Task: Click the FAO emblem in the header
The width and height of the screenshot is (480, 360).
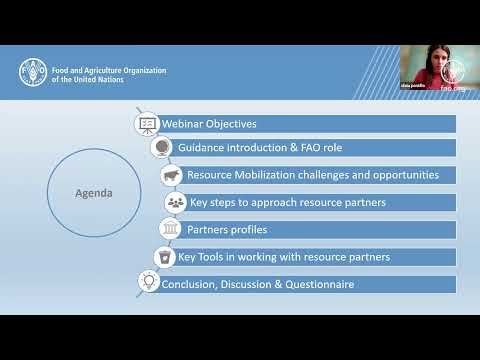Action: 31,73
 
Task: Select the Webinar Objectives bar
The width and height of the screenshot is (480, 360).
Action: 300,124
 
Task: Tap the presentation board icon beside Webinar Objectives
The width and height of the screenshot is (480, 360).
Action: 146,125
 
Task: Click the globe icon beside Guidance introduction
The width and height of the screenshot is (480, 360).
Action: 161,148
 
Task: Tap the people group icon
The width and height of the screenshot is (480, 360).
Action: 175,202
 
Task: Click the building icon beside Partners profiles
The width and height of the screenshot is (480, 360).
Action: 170,230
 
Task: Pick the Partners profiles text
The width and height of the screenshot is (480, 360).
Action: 227,230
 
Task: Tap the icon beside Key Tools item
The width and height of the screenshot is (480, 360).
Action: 164,257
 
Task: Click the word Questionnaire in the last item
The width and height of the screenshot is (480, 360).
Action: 314,284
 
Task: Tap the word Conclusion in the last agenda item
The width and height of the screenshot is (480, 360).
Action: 188,284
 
